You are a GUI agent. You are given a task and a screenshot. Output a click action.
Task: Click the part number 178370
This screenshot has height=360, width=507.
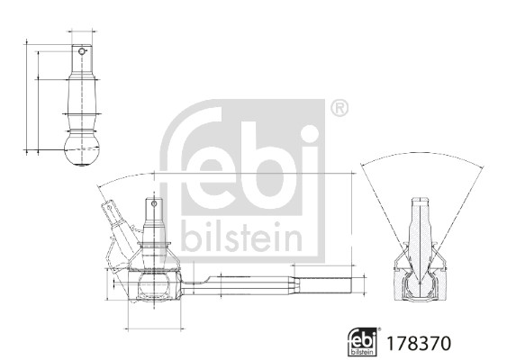tap(417, 343)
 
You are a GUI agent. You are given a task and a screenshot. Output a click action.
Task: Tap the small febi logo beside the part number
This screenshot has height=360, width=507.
tap(363, 341)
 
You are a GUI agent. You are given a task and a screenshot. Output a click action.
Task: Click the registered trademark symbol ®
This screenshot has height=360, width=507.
tap(338, 109)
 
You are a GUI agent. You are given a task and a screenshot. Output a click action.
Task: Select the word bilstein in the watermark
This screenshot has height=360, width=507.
tap(241, 238)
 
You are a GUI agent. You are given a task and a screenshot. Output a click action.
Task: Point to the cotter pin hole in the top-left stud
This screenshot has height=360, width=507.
tap(82, 52)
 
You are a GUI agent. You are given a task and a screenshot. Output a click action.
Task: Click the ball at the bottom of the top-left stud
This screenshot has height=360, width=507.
tap(82, 149)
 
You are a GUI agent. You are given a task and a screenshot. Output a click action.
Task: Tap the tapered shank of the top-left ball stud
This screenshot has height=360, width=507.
tap(82, 94)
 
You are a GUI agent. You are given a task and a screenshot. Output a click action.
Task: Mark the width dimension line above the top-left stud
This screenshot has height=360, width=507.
tap(82, 32)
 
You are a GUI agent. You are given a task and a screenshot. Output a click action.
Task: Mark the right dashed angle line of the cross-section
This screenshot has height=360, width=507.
tap(457, 216)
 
